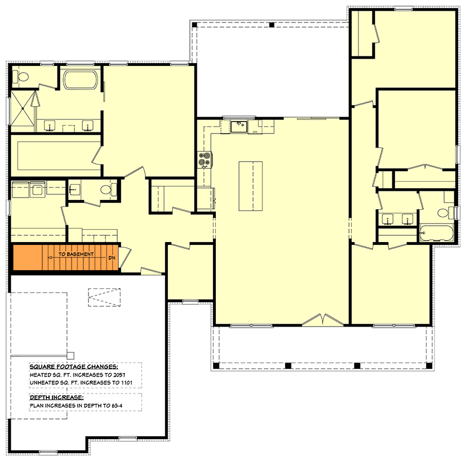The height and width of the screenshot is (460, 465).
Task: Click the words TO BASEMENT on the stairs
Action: click(76, 254)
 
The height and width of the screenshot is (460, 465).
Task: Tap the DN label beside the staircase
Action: click(112, 258)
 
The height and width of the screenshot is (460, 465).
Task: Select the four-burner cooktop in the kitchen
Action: click(205, 160)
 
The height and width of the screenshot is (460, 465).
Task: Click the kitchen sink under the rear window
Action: click(239, 127)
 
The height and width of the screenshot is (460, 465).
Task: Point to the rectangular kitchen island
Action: click(251, 186)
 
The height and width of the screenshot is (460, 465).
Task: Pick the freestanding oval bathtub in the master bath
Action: click(81, 79)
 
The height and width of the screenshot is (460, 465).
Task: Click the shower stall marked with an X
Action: click(23, 109)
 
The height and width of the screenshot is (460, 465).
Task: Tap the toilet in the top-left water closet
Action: click(21, 77)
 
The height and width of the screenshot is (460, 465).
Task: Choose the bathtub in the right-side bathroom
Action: click(436, 233)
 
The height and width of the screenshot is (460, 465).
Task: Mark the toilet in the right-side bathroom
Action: click(446, 213)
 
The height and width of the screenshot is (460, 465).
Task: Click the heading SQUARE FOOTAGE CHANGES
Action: click(74, 367)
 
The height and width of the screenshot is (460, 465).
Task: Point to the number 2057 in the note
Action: click(119, 374)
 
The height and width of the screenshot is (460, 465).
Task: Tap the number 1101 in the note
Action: click(126, 382)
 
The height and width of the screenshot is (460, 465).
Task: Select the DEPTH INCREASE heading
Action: click(56, 397)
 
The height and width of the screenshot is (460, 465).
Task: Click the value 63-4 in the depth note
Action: click(117, 405)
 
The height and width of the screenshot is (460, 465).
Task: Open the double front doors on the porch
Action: click(322, 320)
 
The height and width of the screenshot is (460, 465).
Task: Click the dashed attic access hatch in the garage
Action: click(104, 297)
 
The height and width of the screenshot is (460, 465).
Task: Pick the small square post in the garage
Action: click(70, 355)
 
